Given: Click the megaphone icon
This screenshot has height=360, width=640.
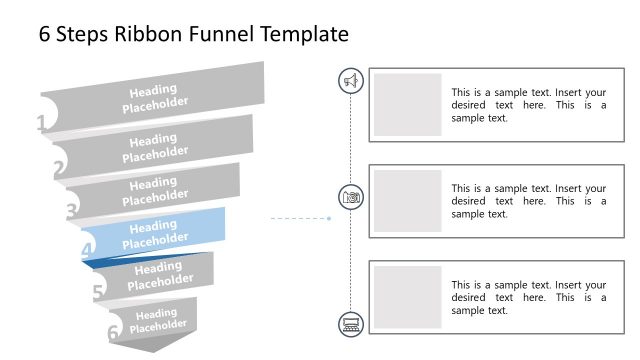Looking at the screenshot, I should point(351,81).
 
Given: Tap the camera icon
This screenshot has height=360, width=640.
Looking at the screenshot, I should point(351,197).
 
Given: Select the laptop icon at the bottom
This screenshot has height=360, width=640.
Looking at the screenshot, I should point(351,322).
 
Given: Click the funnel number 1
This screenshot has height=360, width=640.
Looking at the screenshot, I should point(42,124).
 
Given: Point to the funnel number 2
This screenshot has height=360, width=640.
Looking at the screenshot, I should point(59,168).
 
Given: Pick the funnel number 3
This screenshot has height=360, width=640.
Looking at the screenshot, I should point(72,211).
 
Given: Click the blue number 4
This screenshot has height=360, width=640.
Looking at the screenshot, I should point(87,251).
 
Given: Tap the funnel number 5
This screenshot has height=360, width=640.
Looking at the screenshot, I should point(98,292).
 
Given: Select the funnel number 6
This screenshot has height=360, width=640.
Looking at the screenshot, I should point(113,332).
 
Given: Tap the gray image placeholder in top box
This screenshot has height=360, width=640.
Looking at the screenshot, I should point(408,104).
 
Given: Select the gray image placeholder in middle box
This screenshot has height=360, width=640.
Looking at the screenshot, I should point(408,201).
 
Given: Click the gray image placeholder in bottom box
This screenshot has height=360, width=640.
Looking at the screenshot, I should point(408,297).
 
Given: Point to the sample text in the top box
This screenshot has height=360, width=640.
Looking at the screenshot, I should point(528,104).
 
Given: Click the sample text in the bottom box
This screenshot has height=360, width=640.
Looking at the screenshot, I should point(528,297).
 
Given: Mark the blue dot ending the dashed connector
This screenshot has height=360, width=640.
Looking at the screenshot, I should point(329,217).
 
